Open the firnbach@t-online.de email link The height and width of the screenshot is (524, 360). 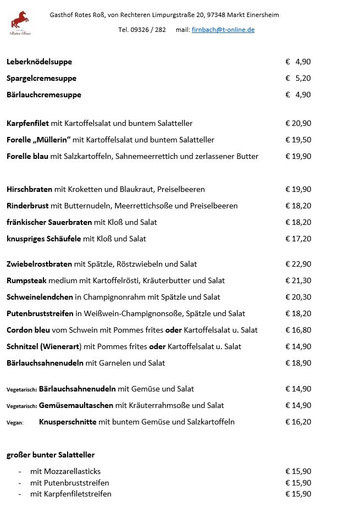coord(223,30)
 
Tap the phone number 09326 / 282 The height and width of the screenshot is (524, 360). coord(142,30)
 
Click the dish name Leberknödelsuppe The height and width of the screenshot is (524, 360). coord(39,62)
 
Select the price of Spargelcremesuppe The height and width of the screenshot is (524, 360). coord(298,78)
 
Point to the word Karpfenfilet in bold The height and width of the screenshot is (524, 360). coord(27,123)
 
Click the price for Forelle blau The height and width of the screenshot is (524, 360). coord(298,156)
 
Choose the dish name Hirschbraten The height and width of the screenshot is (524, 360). coord(30,189)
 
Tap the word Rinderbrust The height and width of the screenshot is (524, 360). coord(27,206)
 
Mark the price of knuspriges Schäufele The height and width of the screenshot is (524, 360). coord(298,239)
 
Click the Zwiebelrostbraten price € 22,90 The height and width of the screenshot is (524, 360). coord(298,264)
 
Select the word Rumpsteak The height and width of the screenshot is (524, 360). coord(26,280)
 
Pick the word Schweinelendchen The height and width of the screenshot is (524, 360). coord(40,297)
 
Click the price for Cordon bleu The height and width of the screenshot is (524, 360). coord(298,330)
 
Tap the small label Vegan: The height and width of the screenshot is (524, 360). coord(15,422)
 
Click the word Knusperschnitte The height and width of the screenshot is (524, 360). coord(68,422)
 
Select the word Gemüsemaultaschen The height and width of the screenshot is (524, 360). coord(76,405)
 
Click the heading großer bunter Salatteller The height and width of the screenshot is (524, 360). coord(51,455)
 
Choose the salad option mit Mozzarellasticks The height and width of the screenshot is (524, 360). coord(65,471)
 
